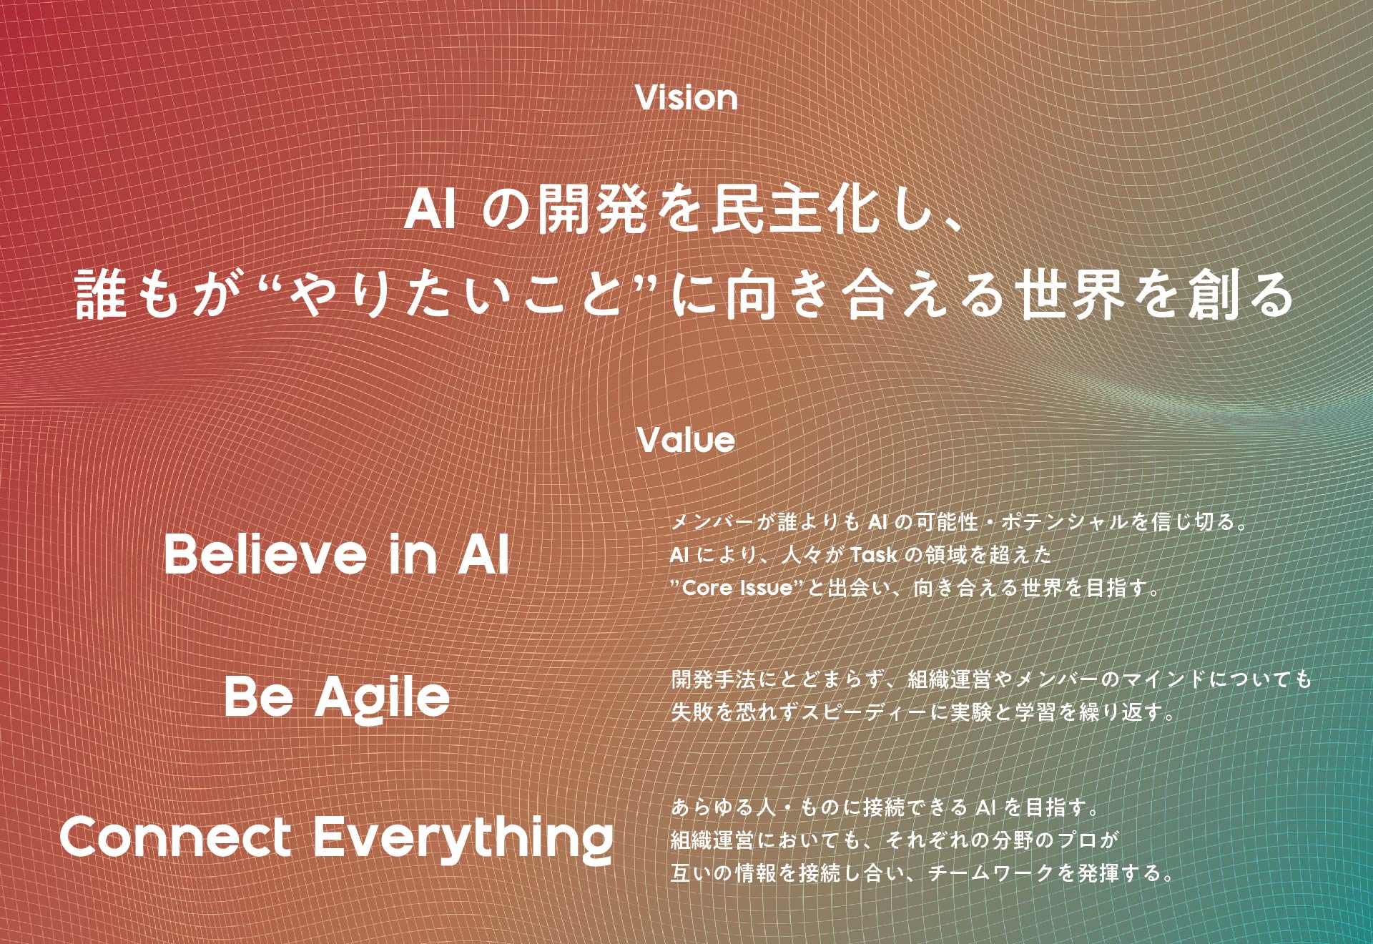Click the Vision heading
686,98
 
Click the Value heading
686,440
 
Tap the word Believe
265,554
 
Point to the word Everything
463,838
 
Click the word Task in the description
873,554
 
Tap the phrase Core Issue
737,588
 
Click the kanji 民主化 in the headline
793,210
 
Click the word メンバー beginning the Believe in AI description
713,521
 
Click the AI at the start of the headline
430,210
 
